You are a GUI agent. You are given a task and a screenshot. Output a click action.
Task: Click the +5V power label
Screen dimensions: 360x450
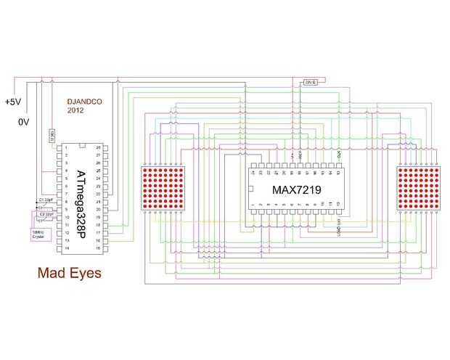[x=13, y=102]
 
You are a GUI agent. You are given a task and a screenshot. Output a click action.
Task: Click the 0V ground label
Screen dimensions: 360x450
[x=23, y=123]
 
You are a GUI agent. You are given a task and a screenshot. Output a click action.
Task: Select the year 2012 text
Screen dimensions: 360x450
[x=75, y=112]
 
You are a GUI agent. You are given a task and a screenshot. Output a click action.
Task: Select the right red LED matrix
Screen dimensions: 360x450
[x=419, y=188]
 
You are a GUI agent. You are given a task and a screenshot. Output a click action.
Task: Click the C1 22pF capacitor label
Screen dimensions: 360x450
[x=45, y=200]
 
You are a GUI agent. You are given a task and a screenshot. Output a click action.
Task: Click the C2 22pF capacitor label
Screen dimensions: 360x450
[x=45, y=215]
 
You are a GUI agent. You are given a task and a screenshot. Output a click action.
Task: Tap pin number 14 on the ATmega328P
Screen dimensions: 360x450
[x=67, y=248]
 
